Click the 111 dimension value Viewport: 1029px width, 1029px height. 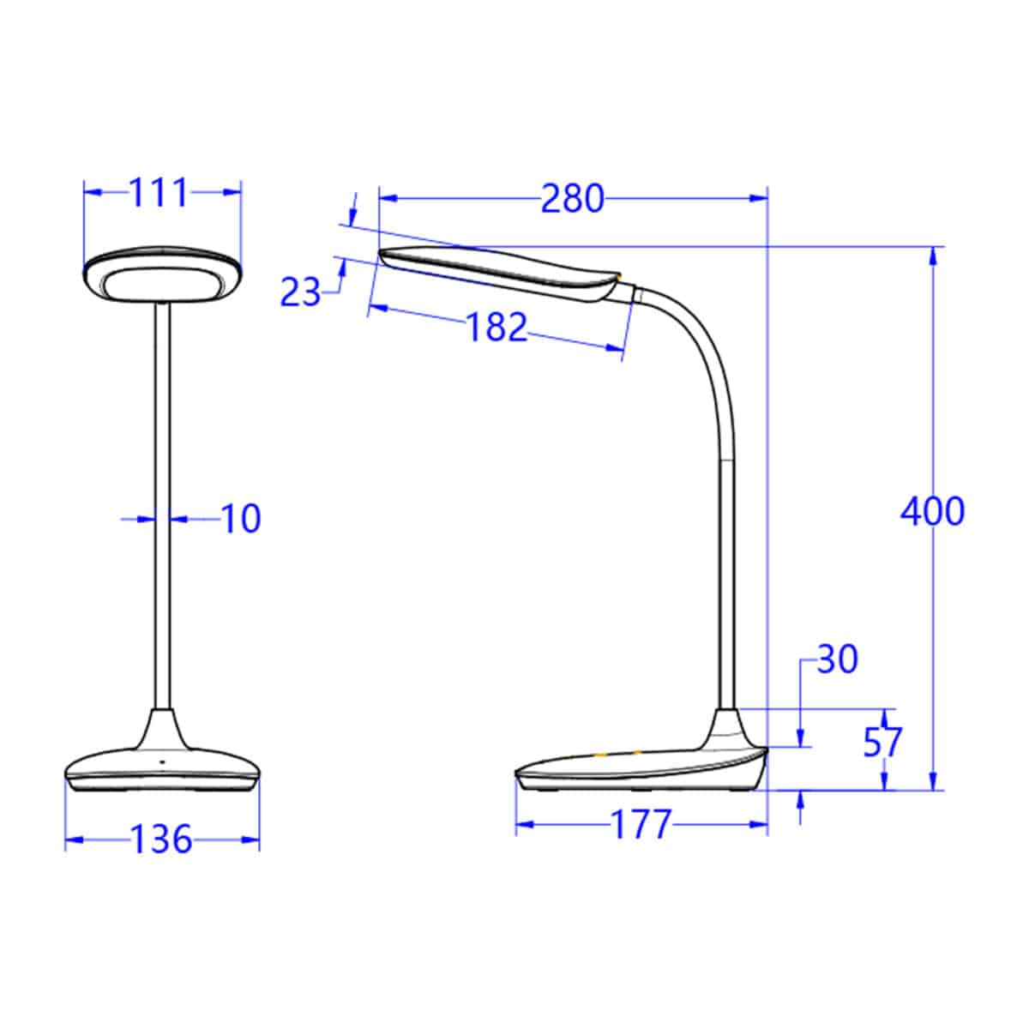(x=158, y=194)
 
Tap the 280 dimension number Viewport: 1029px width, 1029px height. (x=572, y=199)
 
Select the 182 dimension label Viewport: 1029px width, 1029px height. (x=496, y=327)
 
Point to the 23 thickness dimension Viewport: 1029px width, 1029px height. (x=300, y=293)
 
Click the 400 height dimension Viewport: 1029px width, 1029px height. (x=932, y=511)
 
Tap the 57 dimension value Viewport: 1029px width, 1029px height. (x=883, y=743)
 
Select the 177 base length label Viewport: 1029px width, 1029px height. (x=640, y=825)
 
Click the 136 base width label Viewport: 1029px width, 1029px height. (x=161, y=839)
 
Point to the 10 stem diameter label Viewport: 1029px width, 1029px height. (x=241, y=519)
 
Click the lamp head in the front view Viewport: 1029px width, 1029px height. (x=162, y=276)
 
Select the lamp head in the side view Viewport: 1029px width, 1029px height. (x=497, y=271)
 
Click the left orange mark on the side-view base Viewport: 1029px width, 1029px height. (x=600, y=755)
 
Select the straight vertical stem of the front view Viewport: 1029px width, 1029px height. (x=162, y=514)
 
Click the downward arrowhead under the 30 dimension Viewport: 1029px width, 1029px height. (x=800, y=738)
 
